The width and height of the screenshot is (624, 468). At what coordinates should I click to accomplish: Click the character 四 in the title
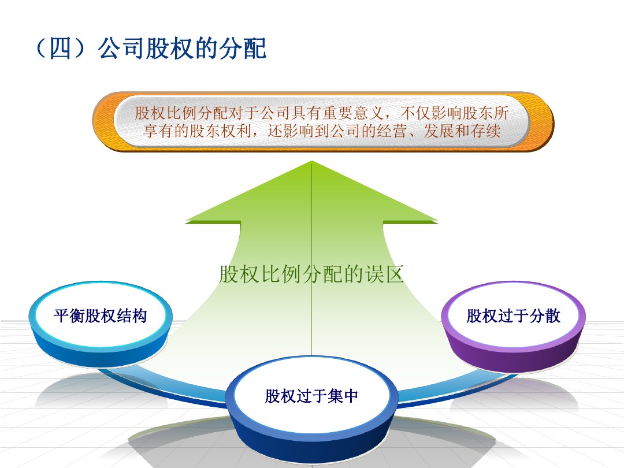click(x=61, y=49)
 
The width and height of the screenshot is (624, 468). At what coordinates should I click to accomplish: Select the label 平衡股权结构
click(x=101, y=316)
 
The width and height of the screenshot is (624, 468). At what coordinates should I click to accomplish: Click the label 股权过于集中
click(x=311, y=396)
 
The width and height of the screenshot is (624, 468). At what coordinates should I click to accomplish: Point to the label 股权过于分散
click(x=514, y=316)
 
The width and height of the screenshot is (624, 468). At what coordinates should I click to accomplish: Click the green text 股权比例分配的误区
click(x=311, y=274)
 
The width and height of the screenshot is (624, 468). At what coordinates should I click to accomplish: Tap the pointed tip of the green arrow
click(x=311, y=161)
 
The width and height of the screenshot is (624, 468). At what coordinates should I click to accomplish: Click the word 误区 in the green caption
click(x=384, y=274)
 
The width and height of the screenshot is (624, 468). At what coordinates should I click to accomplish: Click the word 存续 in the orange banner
click(x=485, y=131)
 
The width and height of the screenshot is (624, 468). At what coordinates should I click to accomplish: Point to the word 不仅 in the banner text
click(x=415, y=113)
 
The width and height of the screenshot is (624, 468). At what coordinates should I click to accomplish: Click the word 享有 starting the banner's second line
click(x=158, y=131)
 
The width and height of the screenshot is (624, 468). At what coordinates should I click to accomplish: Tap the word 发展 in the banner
click(x=439, y=131)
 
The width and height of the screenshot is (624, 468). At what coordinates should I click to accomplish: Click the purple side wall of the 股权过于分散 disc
click(x=514, y=354)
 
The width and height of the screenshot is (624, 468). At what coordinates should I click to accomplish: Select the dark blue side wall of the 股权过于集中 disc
click(x=311, y=442)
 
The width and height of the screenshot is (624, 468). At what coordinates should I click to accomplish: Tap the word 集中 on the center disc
click(x=343, y=396)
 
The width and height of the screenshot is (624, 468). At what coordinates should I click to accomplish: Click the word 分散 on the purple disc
click(x=545, y=316)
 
